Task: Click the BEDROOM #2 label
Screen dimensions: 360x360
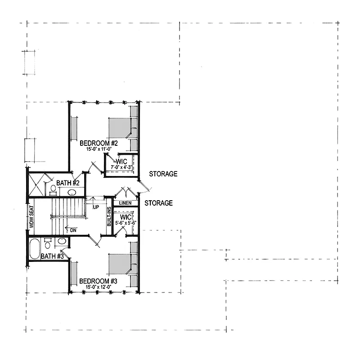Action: (x=99, y=143)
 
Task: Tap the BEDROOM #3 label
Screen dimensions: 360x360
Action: (x=98, y=281)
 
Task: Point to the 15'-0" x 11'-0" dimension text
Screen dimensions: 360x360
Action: (x=99, y=149)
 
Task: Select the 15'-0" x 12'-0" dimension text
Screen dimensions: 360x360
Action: (x=99, y=287)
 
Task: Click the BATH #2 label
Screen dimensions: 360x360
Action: (x=68, y=183)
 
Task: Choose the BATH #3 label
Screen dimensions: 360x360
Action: (x=52, y=256)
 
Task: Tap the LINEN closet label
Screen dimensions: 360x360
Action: (x=126, y=203)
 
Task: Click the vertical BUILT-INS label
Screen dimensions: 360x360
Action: (x=109, y=216)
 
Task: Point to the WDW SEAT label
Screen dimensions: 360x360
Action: (x=31, y=217)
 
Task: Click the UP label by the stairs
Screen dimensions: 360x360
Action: (x=96, y=207)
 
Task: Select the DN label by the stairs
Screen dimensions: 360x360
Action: (x=73, y=230)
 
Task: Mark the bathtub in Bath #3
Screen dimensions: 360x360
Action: (x=35, y=249)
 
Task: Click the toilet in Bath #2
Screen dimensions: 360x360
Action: (x=53, y=190)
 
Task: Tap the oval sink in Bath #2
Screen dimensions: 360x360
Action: (x=72, y=192)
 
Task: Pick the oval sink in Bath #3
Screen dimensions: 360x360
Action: (x=62, y=241)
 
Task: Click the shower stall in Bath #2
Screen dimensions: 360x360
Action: (x=36, y=184)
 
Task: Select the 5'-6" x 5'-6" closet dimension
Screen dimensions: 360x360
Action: (x=126, y=222)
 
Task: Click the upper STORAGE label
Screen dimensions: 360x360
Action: (x=163, y=174)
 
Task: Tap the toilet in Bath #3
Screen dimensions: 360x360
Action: (x=48, y=243)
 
